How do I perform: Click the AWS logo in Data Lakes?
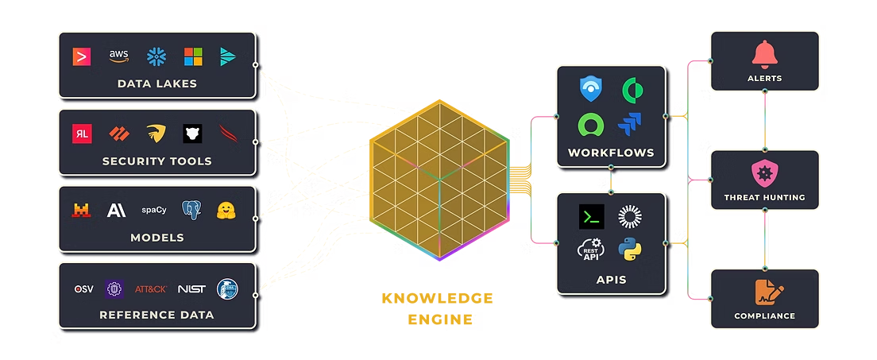click(x=118, y=56)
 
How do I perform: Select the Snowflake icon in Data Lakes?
click(x=156, y=56)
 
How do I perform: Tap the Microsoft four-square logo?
click(x=193, y=56)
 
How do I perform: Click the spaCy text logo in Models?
click(x=154, y=211)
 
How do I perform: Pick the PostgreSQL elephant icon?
click(x=191, y=210)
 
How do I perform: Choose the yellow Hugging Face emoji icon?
click(x=226, y=210)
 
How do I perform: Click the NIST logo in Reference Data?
click(x=191, y=289)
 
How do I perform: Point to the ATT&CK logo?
click(x=151, y=289)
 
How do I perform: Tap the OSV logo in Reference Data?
click(x=84, y=289)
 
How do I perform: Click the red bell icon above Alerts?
click(x=764, y=55)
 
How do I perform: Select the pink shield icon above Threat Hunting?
click(x=764, y=174)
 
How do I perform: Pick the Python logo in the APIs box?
click(x=630, y=250)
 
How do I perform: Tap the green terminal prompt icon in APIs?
click(x=591, y=216)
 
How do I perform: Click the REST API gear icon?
click(x=591, y=250)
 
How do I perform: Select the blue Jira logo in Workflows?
click(x=630, y=124)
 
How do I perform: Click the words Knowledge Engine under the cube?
click(x=438, y=309)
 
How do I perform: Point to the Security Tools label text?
click(x=156, y=161)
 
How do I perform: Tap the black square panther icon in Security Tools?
click(x=192, y=134)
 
